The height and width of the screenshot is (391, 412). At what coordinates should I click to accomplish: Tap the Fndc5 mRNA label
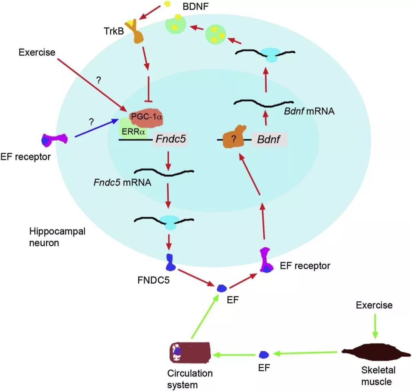[122, 182]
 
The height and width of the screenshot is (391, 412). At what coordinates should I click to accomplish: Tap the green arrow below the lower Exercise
[375, 325]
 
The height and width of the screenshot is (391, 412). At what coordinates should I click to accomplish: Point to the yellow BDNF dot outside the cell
[166, 4]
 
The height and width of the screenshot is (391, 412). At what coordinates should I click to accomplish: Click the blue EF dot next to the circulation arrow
[262, 355]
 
